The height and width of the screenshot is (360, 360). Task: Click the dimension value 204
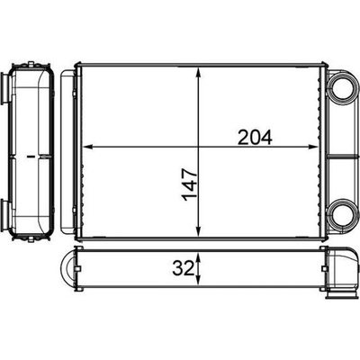[255, 137]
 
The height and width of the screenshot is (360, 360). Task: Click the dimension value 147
[189, 184]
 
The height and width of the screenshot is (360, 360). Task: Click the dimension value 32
[183, 269]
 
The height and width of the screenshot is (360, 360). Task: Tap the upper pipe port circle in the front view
[342, 88]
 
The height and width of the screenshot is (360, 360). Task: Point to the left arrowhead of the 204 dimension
[87, 147]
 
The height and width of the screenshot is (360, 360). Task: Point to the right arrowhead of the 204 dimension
[313, 147]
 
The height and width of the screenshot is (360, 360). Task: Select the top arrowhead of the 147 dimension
[198, 73]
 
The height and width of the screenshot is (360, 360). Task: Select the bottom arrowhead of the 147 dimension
[198, 231]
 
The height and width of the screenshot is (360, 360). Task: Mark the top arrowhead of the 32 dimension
[198, 257]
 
